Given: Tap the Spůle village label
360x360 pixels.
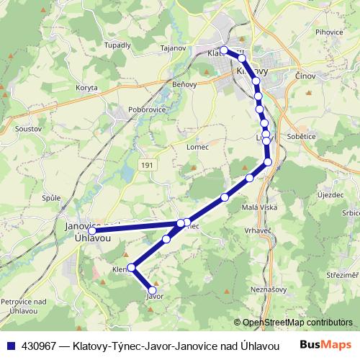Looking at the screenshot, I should [x=50, y=197].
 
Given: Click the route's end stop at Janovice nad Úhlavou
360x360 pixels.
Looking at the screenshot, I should [x=91, y=230].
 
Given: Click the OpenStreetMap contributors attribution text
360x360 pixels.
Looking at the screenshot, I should [x=297, y=323].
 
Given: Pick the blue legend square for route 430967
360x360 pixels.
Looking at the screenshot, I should [x=9, y=345].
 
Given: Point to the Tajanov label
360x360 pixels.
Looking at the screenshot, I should [x=174, y=48].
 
